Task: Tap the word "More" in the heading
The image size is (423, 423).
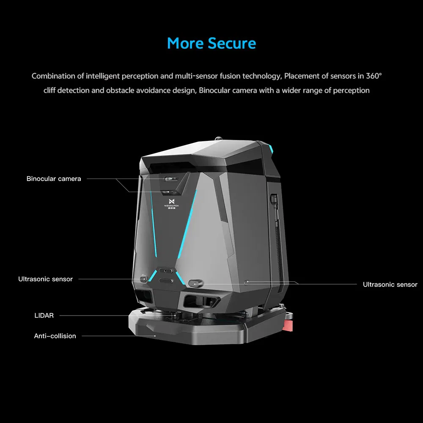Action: [x=185, y=44]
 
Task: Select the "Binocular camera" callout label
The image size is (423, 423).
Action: [x=54, y=179]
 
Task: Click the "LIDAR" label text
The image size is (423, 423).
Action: [x=44, y=316]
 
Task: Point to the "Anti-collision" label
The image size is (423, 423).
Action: [x=55, y=336]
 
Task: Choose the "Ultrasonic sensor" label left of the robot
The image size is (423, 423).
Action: [x=45, y=279]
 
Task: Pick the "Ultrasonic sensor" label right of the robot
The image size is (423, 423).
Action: [x=390, y=285]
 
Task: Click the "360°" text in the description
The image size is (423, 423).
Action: [x=374, y=76]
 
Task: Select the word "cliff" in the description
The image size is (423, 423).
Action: [x=50, y=90]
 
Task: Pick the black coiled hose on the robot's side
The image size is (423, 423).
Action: [x=275, y=237]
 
